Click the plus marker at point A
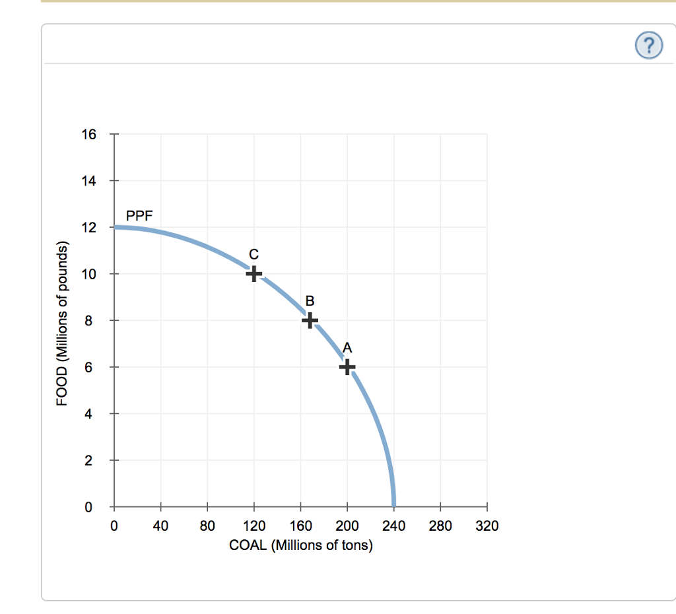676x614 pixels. [x=347, y=367]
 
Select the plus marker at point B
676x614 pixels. [x=310, y=320]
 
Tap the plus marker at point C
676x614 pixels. [x=253, y=273]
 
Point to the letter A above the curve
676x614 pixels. [x=347, y=347]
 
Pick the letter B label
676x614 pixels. [x=310, y=301]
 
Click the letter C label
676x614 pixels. [x=253, y=254]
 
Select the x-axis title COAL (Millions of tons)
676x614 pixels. [x=300, y=545]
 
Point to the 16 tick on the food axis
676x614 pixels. [x=88, y=135]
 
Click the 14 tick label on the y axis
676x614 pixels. [x=88, y=181]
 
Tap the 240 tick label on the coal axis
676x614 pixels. [x=394, y=526]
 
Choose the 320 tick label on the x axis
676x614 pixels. [x=487, y=526]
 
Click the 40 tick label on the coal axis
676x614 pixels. [x=160, y=526]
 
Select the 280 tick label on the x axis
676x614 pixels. [x=440, y=526]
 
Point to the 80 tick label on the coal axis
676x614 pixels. [x=207, y=526]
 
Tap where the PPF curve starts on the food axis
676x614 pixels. [x=116, y=227]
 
